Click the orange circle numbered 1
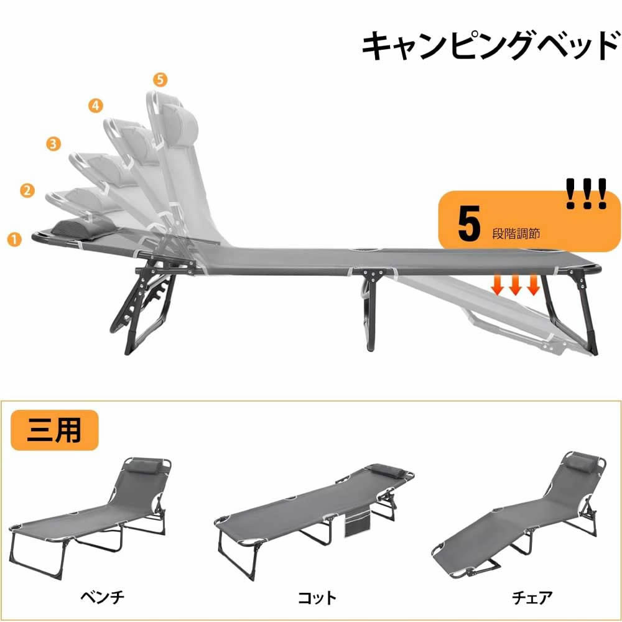pyautogui.click(x=14, y=239)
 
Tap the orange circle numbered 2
pyautogui.click(x=27, y=190)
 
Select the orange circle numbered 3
pyautogui.click(x=53, y=143)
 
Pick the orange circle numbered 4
pyautogui.click(x=96, y=106)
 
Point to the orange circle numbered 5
pyautogui.click(x=160, y=80)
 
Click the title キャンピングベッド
pyautogui.click(x=491, y=47)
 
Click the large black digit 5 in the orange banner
pyautogui.click(x=469, y=223)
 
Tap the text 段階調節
pyautogui.click(x=516, y=234)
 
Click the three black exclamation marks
pyautogui.click(x=587, y=193)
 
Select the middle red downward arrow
pyautogui.click(x=515, y=284)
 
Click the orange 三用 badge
pyautogui.click(x=54, y=430)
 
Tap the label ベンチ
pyautogui.click(x=103, y=597)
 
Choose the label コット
pyautogui.click(x=317, y=597)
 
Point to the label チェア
pyautogui.click(x=532, y=597)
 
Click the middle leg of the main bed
pyautogui.click(x=369, y=312)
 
